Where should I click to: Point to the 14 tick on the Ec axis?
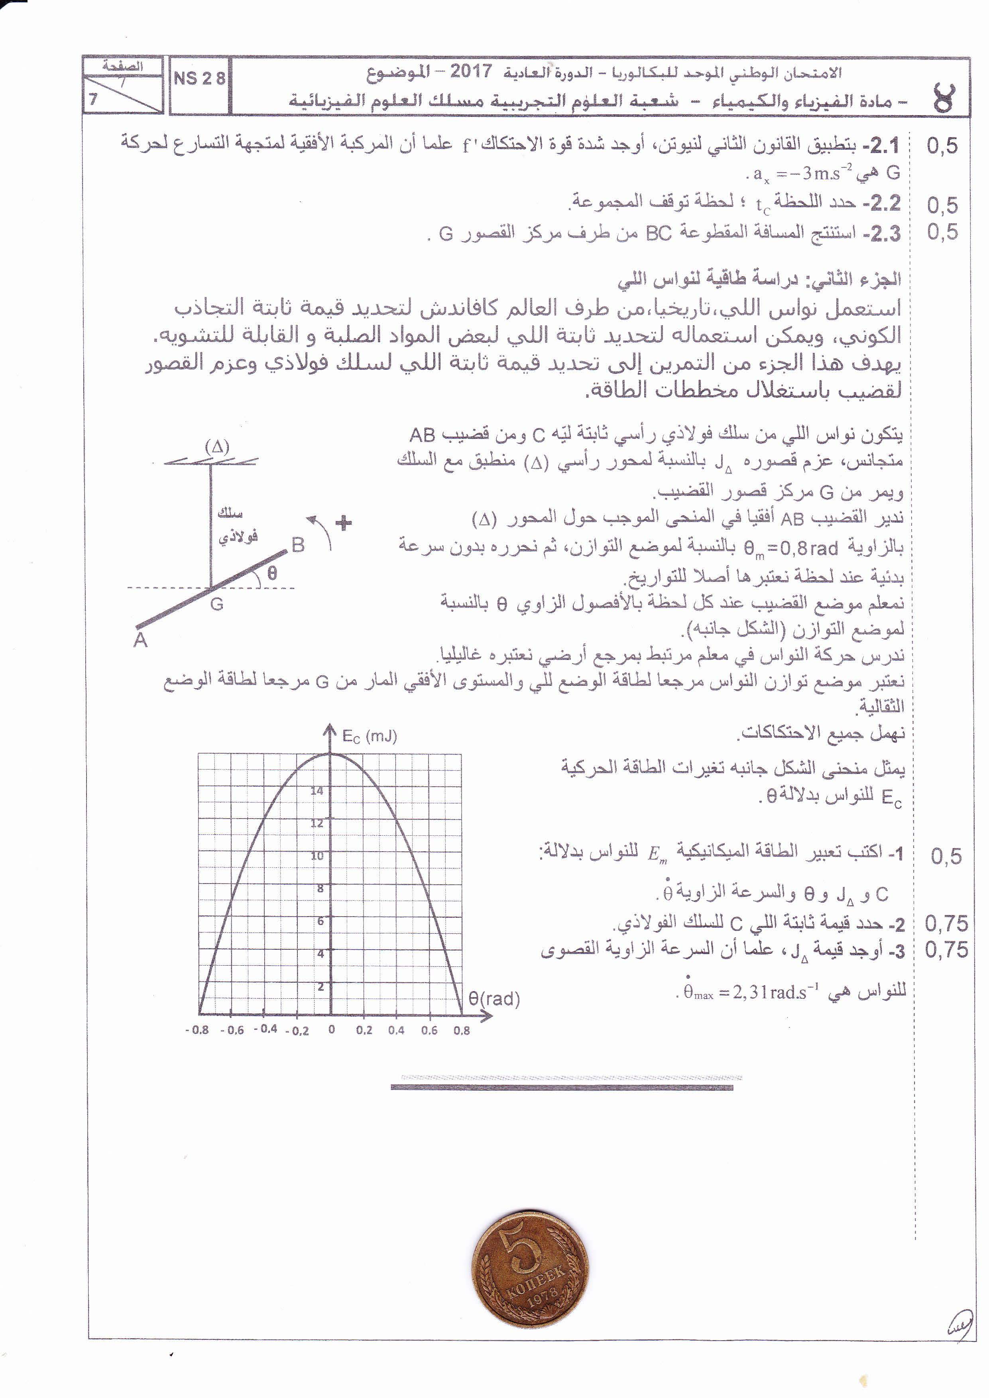click(x=317, y=791)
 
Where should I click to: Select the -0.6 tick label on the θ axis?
click(x=232, y=1030)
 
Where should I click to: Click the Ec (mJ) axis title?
click(x=369, y=736)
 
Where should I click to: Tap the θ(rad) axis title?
click(x=494, y=999)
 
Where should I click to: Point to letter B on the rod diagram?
click(x=298, y=544)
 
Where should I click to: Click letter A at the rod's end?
click(x=141, y=640)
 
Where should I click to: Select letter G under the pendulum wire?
click(x=217, y=605)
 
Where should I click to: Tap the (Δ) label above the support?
click(x=217, y=446)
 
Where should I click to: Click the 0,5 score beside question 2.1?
click(x=942, y=146)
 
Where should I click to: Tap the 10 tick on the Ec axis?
click(x=317, y=856)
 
